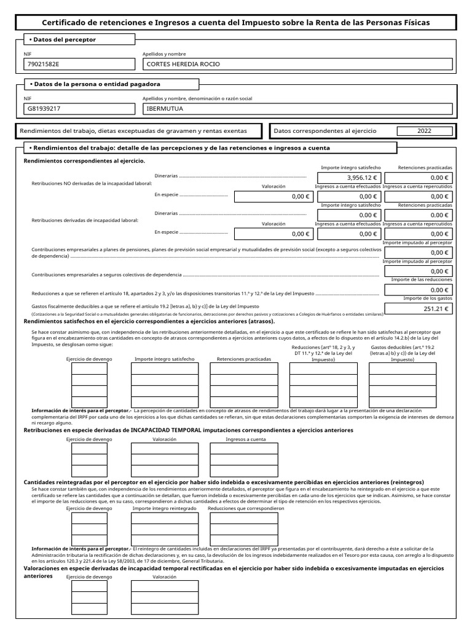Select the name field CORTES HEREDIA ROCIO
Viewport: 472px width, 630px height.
click(297, 64)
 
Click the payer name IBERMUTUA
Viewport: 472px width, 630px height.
click(297, 109)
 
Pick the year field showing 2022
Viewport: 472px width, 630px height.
click(424, 131)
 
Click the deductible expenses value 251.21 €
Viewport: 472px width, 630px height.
click(418, 309)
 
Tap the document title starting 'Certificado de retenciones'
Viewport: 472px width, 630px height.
click(236, 22)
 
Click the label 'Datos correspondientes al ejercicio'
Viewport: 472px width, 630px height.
click(324, 131)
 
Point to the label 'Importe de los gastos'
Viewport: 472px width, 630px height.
click(428, 298)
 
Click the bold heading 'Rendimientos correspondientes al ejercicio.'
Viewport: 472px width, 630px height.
click(84, 161)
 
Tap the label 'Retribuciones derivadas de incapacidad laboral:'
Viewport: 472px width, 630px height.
click(85, 220)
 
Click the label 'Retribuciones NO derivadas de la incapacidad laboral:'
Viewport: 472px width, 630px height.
click(92, 183)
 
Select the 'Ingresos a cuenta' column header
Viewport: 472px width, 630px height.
click(246, 439)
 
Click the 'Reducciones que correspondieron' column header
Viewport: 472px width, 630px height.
click(246, 509)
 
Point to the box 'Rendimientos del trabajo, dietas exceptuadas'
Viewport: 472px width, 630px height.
click(133, 131)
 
